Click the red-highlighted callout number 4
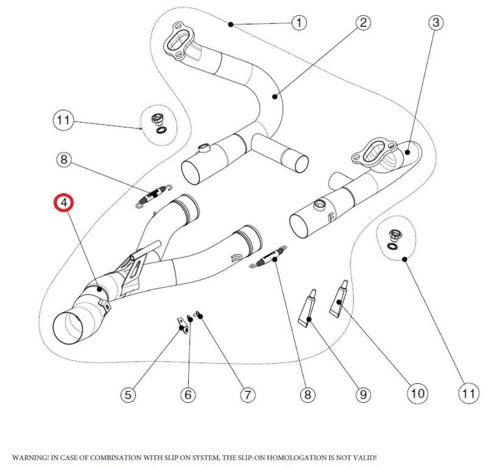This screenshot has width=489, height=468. click(x=64, y=203)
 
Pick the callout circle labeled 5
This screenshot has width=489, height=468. click(x=128, y=395)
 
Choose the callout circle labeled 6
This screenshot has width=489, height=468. click(x=188, y=395)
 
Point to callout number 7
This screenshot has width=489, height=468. click(x=247, y=395)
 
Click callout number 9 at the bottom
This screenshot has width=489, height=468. click(x=363, y=395)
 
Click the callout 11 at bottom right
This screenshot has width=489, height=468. click(x=468, y=393)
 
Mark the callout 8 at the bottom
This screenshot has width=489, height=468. click(x=307, y=395)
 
